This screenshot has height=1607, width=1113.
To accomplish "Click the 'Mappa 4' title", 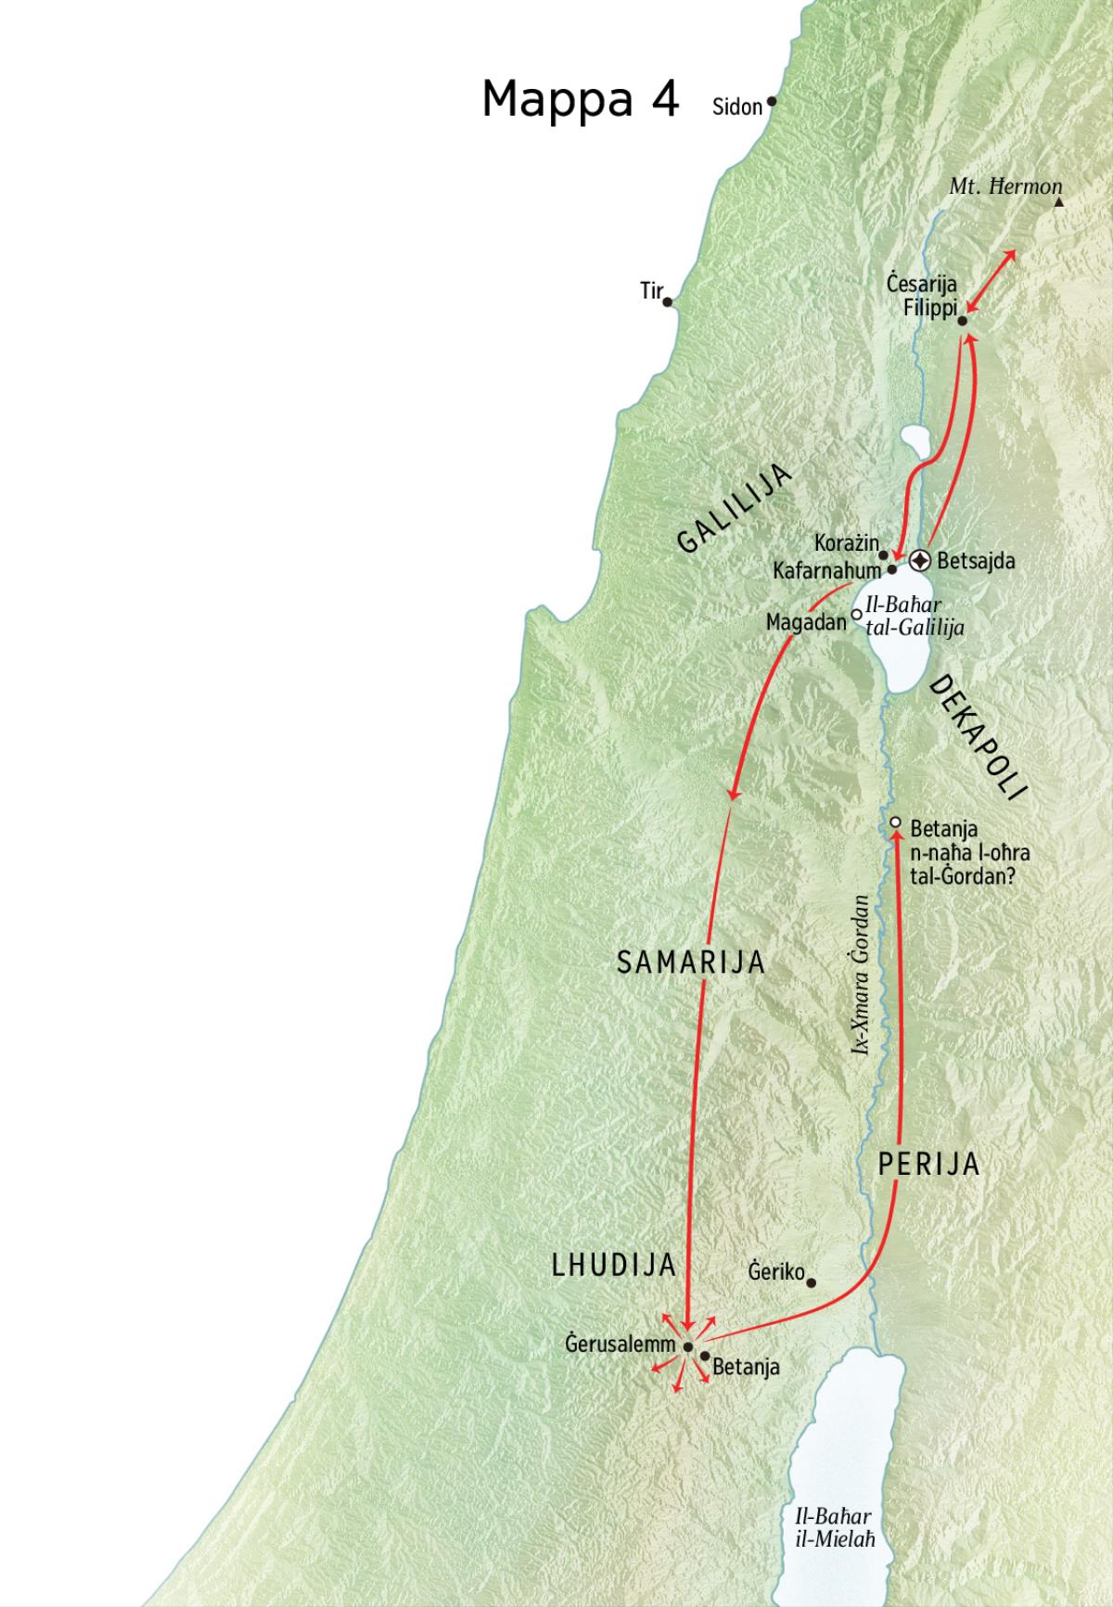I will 581,98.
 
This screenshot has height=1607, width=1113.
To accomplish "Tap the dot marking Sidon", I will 772,101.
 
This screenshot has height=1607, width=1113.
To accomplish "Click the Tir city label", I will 651,291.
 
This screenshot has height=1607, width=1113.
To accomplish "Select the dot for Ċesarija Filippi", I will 962,321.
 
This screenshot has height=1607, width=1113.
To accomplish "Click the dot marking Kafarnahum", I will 891,569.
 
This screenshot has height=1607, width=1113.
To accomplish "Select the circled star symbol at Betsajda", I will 919,560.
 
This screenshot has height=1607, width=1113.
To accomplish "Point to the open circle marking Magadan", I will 856,614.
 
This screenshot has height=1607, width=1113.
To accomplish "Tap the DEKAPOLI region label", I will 979,737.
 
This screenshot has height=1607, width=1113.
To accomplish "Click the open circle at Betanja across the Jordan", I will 895,823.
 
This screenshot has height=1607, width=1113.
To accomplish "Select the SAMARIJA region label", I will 691,963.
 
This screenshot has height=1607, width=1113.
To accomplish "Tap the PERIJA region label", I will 928,1164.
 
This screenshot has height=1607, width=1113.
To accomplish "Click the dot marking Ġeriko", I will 811,1283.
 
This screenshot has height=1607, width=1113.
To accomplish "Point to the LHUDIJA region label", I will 612,1266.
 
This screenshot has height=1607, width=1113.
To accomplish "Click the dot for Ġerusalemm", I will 687,1346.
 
